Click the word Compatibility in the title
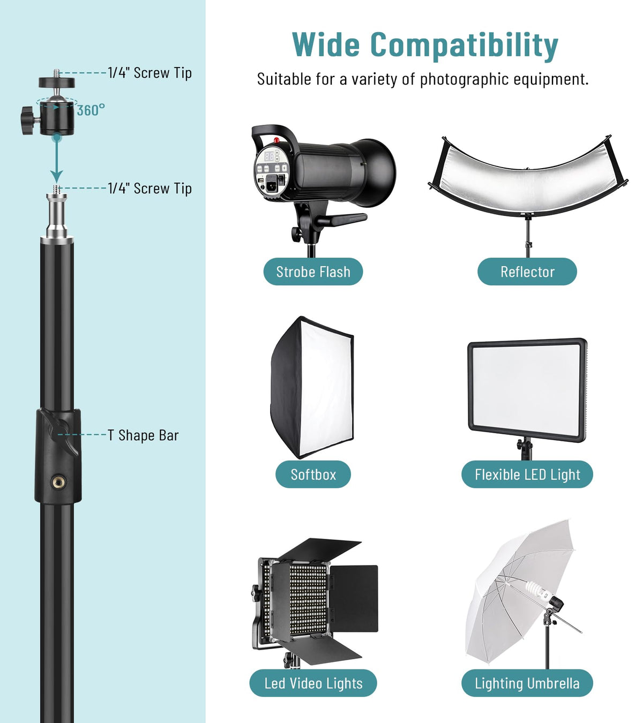[x=464, y=46]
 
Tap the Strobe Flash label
[x=313, y=272]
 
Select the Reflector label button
[x=527, y=272]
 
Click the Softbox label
[x=313, y=475]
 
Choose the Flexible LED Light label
[x=527, y=475]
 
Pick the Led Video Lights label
[x=313, y=683]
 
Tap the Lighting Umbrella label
[x=527, y=683]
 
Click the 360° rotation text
[x=91, y=110]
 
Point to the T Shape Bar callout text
[x=143, y=435]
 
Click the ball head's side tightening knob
[x=27, y=119]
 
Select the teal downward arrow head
[x=57, y=177]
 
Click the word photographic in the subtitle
[x=464, y=79]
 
